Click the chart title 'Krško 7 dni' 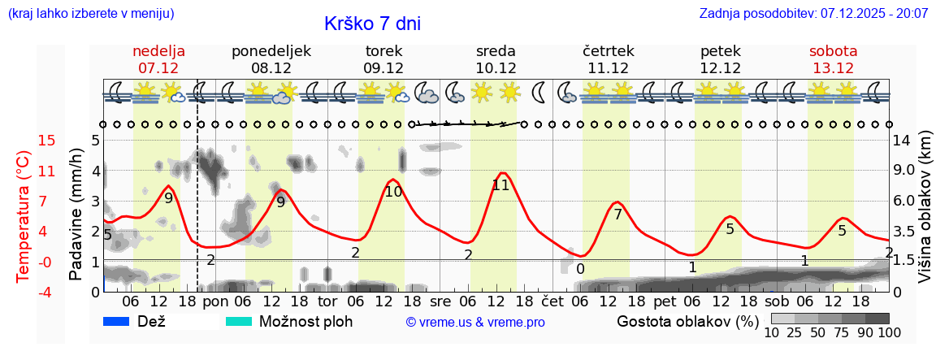coord(372,24)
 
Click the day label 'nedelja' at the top coord(159,51)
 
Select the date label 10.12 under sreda coord(496,68)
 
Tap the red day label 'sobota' coord(833,51)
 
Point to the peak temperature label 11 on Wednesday coord(500,185)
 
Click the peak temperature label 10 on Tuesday coord(393,193)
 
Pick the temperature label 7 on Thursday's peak coord(617,215)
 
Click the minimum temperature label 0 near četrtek coord(580,269)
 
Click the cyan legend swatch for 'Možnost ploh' coord(239,321)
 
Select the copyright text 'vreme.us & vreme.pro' coord(475,322)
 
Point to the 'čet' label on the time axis coord(552,301)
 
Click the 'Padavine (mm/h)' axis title coord(76,215)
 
